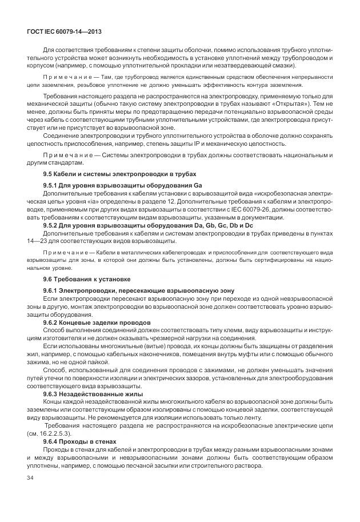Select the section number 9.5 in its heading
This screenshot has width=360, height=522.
49,174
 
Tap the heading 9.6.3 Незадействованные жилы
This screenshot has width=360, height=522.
93,394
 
